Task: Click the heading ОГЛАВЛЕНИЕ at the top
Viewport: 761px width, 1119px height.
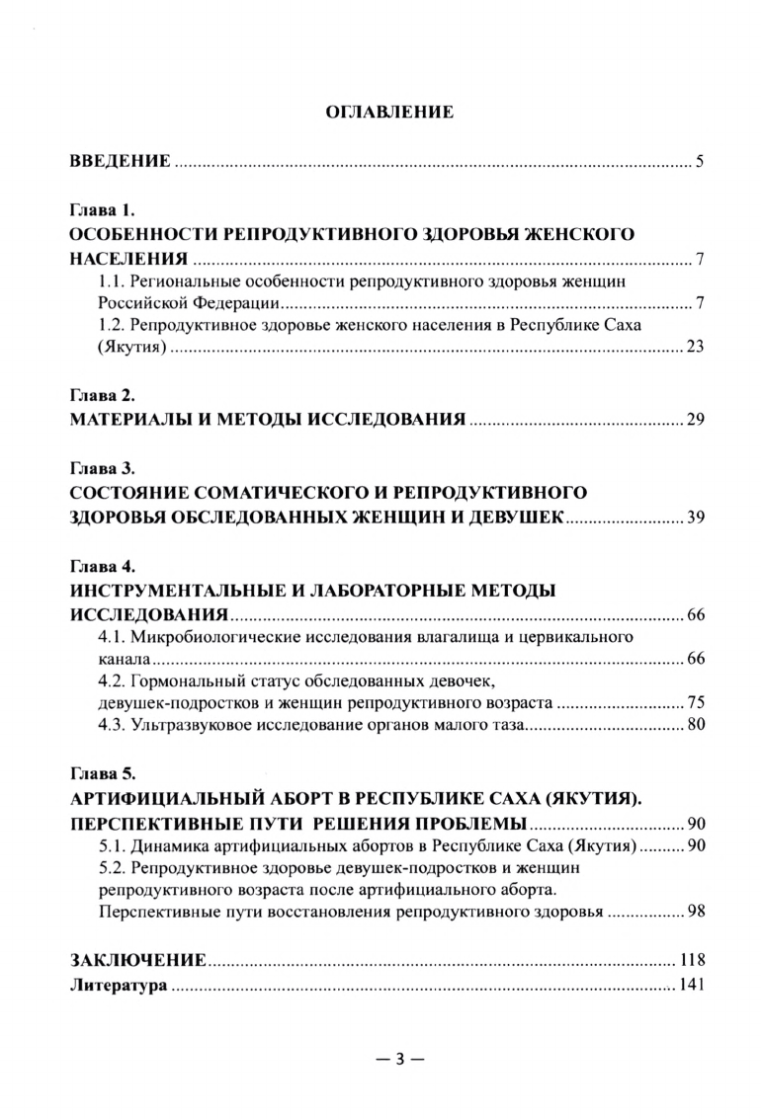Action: [389, 113]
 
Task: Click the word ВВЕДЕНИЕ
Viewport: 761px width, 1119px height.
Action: [120, 161]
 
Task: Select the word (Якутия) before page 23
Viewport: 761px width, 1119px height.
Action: [137, 350]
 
